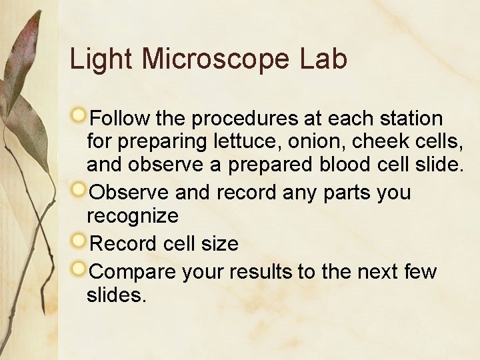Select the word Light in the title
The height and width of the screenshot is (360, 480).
coord(101,59)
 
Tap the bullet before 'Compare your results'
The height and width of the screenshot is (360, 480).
coord(79,269)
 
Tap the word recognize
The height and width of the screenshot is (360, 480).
coord(133,217)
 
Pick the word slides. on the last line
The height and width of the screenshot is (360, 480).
coord(116,295)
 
